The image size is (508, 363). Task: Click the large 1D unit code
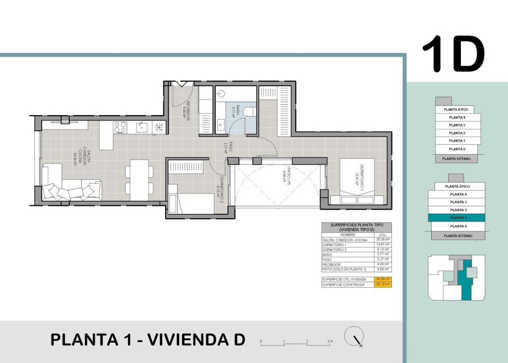(x=453, y=54)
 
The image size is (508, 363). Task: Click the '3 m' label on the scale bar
(x=329, y=342)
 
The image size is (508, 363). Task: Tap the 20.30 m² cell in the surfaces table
(x=381, y=240)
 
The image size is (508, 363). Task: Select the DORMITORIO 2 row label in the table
(x=335, y=250)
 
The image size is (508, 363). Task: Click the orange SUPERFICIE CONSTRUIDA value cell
(x=381, y=285)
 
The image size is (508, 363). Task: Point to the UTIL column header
(x=381, y=235)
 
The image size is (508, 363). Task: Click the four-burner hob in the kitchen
(x=120, y=127)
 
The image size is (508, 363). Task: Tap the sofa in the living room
(x=67, y=186)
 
